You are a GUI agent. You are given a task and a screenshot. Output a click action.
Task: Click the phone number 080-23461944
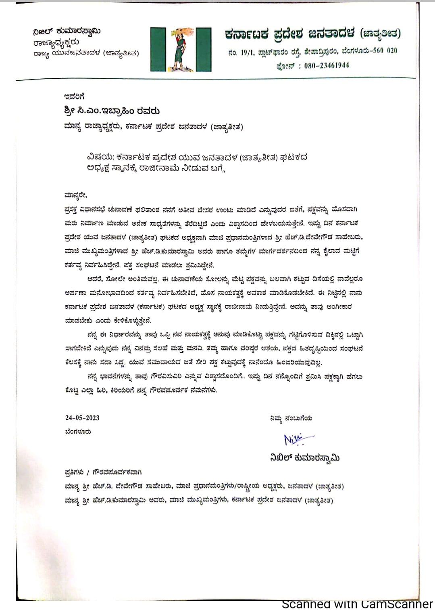point(327,65)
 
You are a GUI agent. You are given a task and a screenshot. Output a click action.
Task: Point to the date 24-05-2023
point(82,418)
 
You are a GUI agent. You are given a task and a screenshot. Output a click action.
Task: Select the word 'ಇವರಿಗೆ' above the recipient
point(74,96)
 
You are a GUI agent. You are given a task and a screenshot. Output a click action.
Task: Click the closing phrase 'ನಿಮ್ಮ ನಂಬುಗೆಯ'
point(291,418)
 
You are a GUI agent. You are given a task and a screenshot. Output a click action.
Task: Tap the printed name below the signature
point(305,458)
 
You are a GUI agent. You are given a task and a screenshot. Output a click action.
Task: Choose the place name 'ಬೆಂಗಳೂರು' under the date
point(78,432)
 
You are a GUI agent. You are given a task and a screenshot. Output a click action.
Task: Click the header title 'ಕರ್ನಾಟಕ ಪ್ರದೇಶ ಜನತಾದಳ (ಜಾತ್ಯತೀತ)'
point(313,34)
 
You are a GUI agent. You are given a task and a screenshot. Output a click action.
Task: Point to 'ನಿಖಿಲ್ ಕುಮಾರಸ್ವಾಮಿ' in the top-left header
point(67,31)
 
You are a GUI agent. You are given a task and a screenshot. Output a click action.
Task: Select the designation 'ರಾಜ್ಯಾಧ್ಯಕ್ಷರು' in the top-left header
point(56,42)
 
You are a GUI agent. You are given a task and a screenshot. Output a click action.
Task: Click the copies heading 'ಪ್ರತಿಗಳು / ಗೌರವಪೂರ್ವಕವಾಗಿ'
point(103,472)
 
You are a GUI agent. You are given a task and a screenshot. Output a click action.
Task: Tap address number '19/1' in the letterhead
point(246,51)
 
